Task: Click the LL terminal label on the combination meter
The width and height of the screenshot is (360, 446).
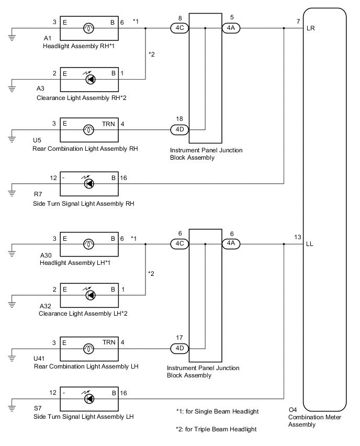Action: pyautogui.click(x=311, y=244)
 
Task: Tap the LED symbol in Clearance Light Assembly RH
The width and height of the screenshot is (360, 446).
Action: pyautogui.click(x=89, y=80)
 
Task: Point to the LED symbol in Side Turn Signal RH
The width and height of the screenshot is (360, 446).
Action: pyautogui.click(x=89, y=184)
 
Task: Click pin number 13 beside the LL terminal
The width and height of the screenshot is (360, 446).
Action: pyautogui.click(x=297, y=237)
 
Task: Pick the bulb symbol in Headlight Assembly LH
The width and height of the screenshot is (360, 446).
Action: pyautogui.click(x=89, y=244)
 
